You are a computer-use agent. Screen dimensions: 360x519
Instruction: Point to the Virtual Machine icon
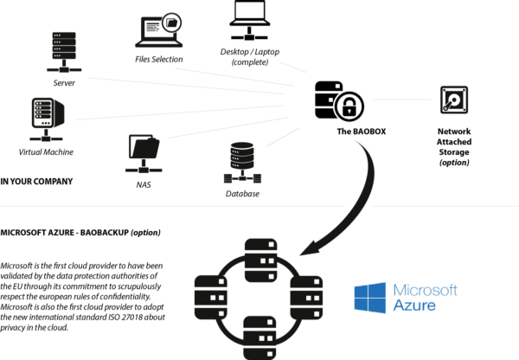tap(45, 120)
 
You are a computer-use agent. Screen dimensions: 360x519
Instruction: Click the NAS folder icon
tap(144, 153)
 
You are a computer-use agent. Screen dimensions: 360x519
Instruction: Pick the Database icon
tap(242, 161)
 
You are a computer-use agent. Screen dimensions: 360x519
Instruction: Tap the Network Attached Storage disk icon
tap(454, 103)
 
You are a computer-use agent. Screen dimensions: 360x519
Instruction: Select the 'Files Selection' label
tap(158, 60)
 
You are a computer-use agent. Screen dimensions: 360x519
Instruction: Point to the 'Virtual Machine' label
tap(46, 152)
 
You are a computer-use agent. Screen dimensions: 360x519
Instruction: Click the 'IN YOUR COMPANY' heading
tap(36, 182)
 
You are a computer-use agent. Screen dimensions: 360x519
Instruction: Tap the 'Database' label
tap(241, 193)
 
